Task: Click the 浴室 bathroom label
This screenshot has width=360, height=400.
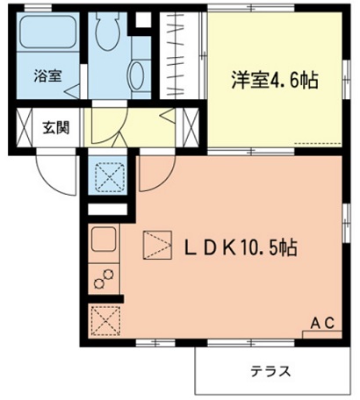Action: tap(47, 76)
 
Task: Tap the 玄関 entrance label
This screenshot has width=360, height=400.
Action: tap(56, 126)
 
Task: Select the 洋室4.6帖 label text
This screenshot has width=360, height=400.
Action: tap(275, 79)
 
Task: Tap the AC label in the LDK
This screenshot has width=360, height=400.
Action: tap(324, 324)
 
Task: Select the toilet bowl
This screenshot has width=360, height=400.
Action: tap(109, 32)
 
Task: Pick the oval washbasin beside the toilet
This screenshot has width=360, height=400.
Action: tap(138, 75)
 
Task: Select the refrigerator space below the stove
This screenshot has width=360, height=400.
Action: tap(104, 319)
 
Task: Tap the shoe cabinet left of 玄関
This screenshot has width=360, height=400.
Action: tap(25, 126)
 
